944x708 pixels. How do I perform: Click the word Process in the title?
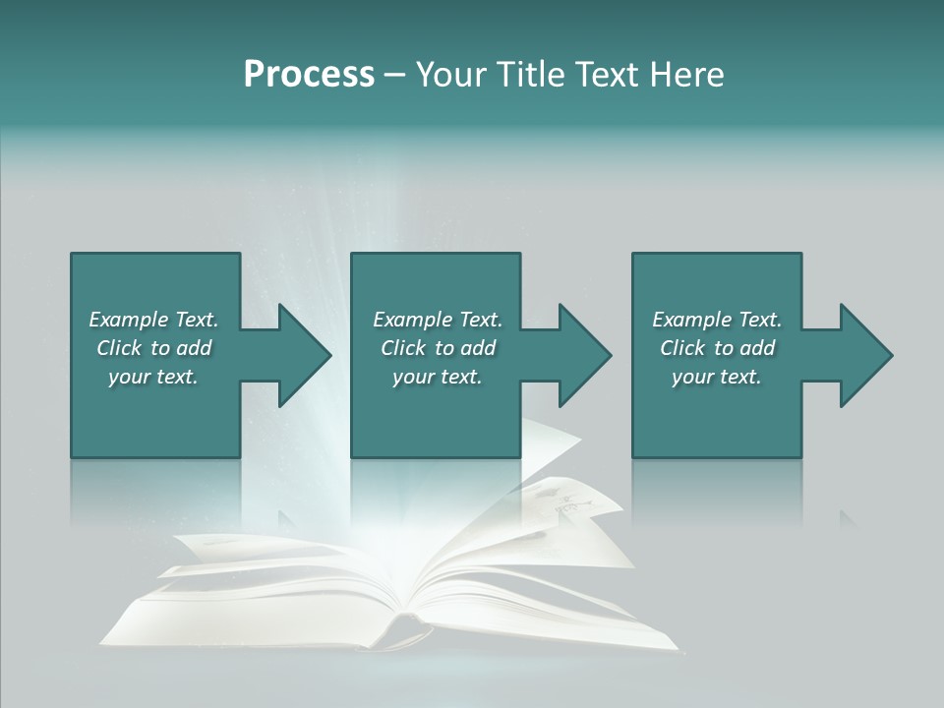tap(309, 75)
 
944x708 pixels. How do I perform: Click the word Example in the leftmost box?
tap(128, 320)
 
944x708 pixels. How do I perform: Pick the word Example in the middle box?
tap(412, 320)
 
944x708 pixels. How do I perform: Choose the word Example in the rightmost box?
tap(691, 320)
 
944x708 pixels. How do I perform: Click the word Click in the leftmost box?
tap(119, 348)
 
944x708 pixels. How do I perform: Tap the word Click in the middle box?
tap(403, 348)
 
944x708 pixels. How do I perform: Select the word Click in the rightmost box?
tap(682, 348)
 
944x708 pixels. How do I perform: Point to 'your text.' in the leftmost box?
tap(153, 378)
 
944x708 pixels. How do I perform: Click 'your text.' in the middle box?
tap(438, 378)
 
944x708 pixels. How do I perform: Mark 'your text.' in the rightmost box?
tap(717, 378)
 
